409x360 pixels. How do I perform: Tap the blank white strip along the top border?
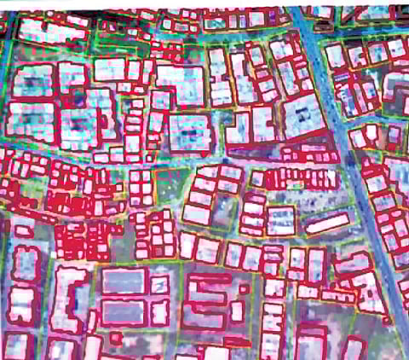(170, 3)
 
